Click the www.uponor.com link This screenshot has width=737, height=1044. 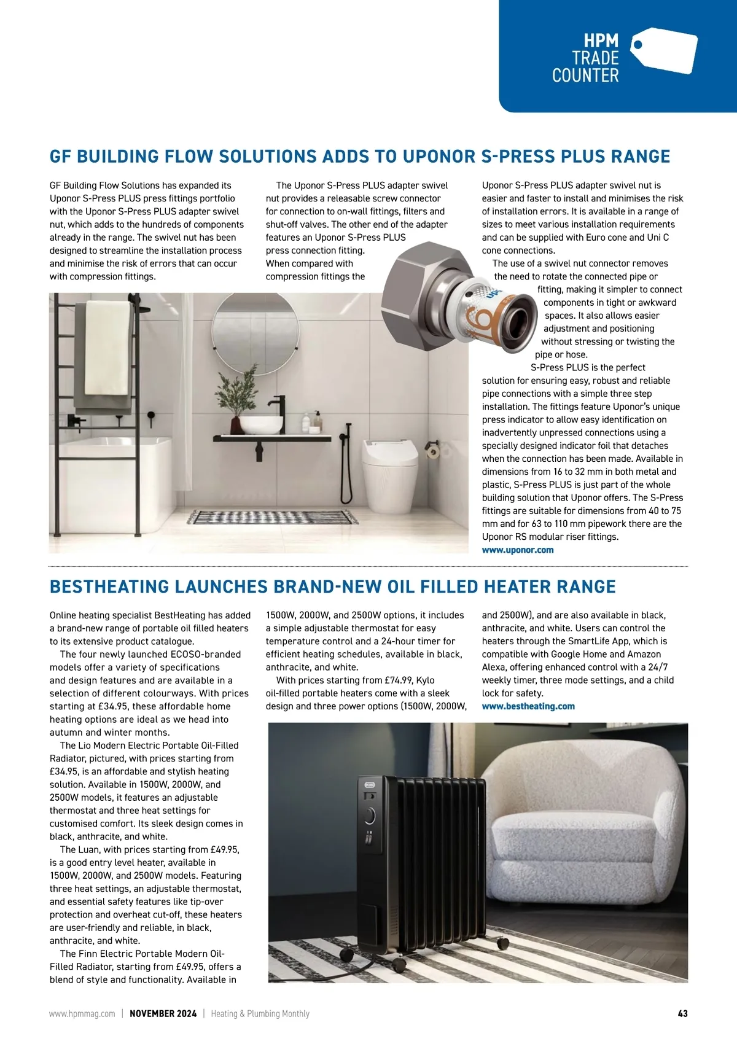518,550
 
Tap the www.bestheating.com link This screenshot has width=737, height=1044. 528,706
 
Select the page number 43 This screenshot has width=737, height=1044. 682,1014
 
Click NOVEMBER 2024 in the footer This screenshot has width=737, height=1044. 163,1014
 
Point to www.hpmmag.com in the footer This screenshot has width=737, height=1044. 82,1014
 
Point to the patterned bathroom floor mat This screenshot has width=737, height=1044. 272,517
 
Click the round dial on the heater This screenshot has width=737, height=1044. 370,816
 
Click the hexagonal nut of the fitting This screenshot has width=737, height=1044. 418,289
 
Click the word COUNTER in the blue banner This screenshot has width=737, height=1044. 585,76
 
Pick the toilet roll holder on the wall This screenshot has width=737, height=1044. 434,452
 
